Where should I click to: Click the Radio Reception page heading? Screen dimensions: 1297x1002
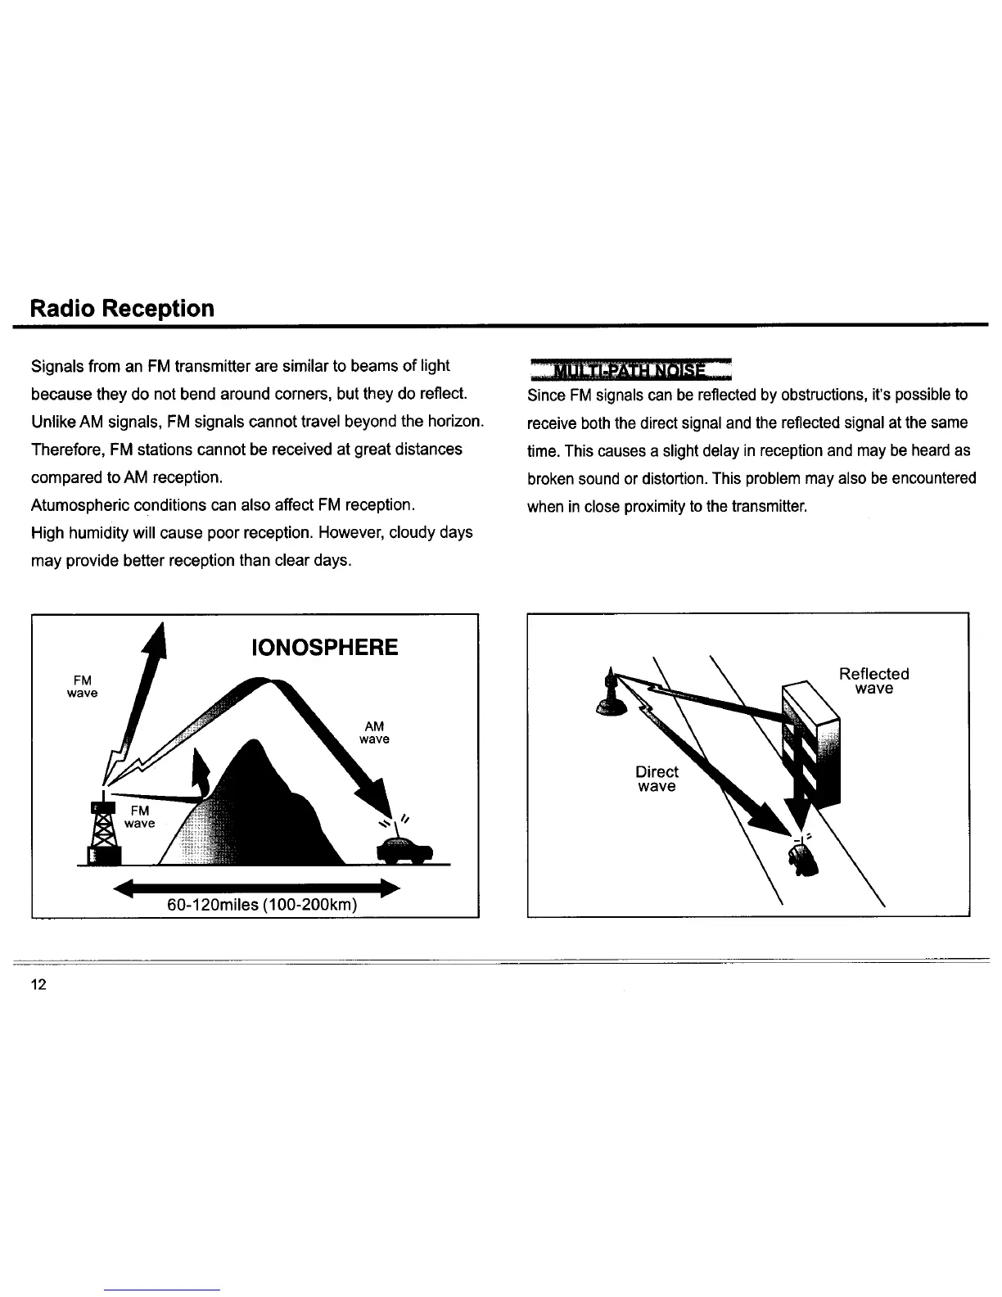[122, 309]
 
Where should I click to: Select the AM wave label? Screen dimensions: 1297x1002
[374, 733]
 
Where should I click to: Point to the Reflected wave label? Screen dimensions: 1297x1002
[873, 681]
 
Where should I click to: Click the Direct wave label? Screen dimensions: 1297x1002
[657, 780]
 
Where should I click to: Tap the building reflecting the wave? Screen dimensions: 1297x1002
[811, 741]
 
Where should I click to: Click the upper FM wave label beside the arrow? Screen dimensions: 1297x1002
[82, 686]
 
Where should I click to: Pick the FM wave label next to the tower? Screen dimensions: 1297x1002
[139, 816]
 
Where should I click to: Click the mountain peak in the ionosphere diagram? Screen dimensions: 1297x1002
[255, 745]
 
